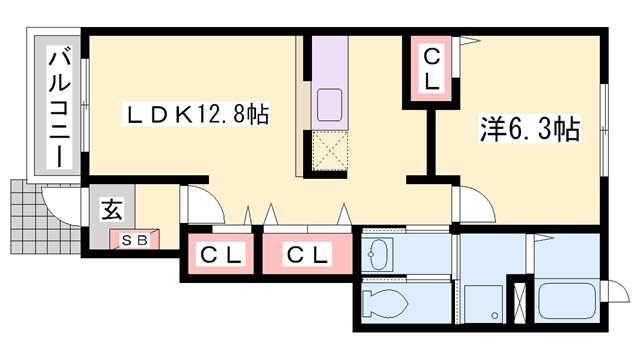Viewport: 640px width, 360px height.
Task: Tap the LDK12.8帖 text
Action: pyautogui.click(x=194, y=114)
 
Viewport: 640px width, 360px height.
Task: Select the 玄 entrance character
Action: pyautogui.click(x=112, y=210)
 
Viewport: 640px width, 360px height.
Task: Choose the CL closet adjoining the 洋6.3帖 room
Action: pyautogui.click(x=431, y=69)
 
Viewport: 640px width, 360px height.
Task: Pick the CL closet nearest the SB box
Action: pyautogui.click(x=219, y=256)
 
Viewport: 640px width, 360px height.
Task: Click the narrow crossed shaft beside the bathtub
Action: pyautogui.click(x=519, y=301)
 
